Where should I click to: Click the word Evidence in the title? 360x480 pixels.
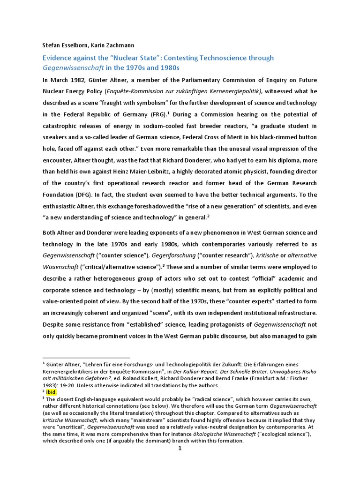58,58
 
